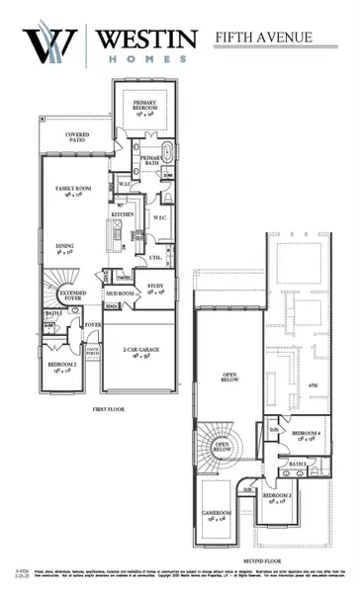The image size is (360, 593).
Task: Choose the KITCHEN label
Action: [122, 213]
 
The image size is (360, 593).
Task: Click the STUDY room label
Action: [156, 288]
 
